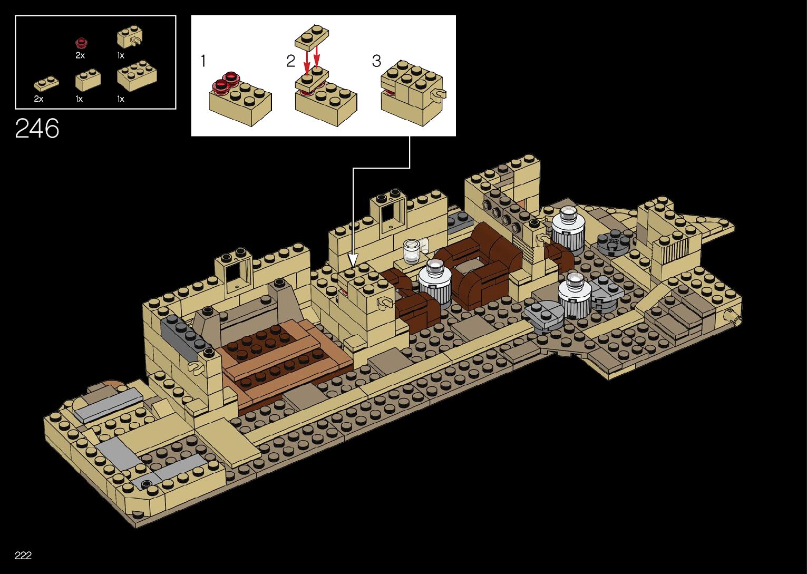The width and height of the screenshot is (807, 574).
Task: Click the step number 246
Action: [37, 129]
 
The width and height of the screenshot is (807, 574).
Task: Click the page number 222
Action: [23, 555]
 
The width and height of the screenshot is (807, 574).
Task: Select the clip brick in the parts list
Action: [129, 37]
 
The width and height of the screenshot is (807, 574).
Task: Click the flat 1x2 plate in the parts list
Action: [46, 83]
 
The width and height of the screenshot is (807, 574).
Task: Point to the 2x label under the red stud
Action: [80, 55]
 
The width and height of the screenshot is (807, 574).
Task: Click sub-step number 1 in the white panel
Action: [203, 61]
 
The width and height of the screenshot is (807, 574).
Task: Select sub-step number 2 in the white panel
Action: [290, 61]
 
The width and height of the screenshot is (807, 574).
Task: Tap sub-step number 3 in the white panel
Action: [376, 61]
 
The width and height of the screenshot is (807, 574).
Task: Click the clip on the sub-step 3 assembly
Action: [438, 94]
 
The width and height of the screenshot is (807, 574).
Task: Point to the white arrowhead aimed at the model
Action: [353, 259]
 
